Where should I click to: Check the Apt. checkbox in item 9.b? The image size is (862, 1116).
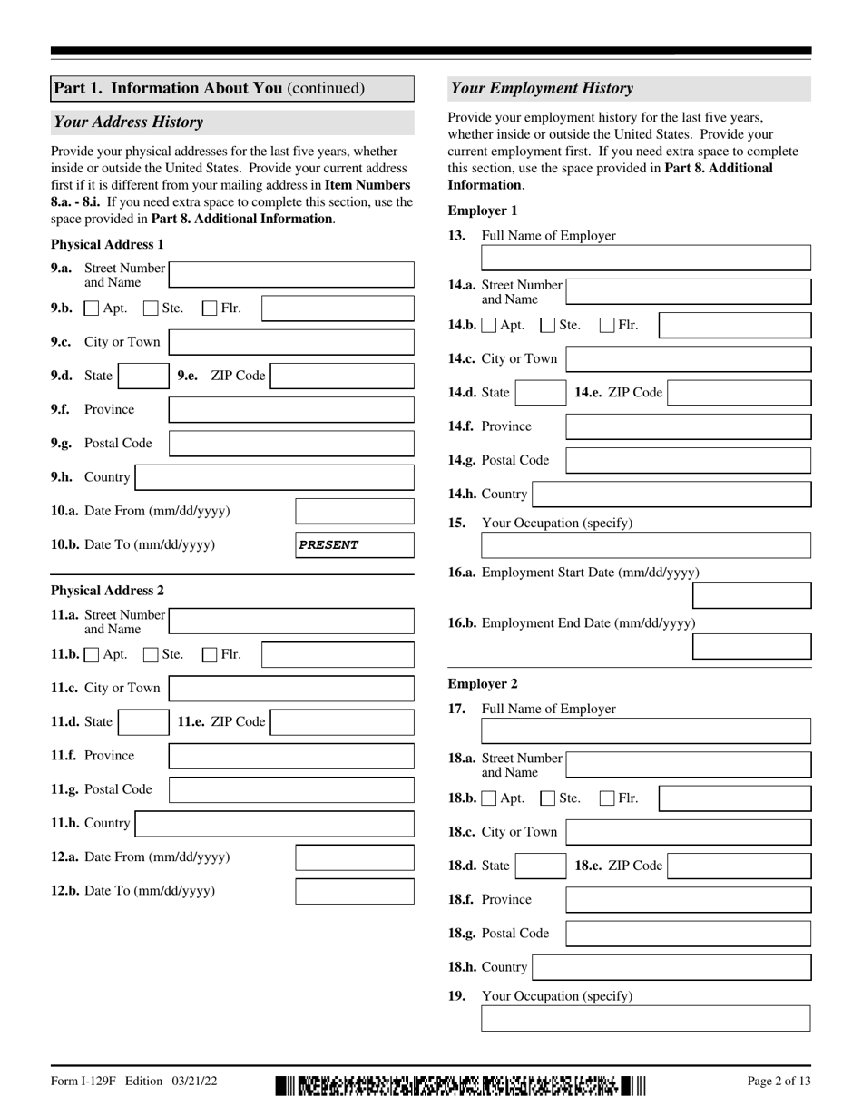click(92, 308)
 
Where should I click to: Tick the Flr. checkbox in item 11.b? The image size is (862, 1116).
click(210, 654)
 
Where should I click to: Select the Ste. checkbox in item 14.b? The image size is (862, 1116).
click(548, 325)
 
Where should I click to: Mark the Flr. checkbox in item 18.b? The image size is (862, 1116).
click(607, 798)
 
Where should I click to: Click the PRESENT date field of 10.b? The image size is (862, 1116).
click(355, 545)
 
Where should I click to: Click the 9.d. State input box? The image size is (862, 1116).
click(142, 376)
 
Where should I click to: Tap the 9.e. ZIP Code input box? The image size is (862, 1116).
click(342, 376)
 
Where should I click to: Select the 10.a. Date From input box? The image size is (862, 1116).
click(355, 512)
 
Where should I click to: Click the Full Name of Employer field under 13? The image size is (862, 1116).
click(645, 259)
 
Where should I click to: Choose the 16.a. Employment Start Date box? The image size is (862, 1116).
click(751, 596)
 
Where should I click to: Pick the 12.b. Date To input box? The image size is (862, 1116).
click(355, 891)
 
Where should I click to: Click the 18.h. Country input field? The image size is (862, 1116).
click(671, 967)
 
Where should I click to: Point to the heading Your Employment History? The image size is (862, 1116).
click(543, 89)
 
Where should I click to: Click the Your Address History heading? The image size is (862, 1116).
click(129, 122)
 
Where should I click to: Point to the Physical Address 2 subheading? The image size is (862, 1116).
click(108, 591)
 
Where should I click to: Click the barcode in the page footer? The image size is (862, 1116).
click(461, 1085)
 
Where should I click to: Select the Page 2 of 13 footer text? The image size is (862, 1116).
click(779, 1082)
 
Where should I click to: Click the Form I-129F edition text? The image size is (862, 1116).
click(134, 1082)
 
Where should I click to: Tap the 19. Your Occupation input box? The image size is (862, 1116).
click(645, 1019)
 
